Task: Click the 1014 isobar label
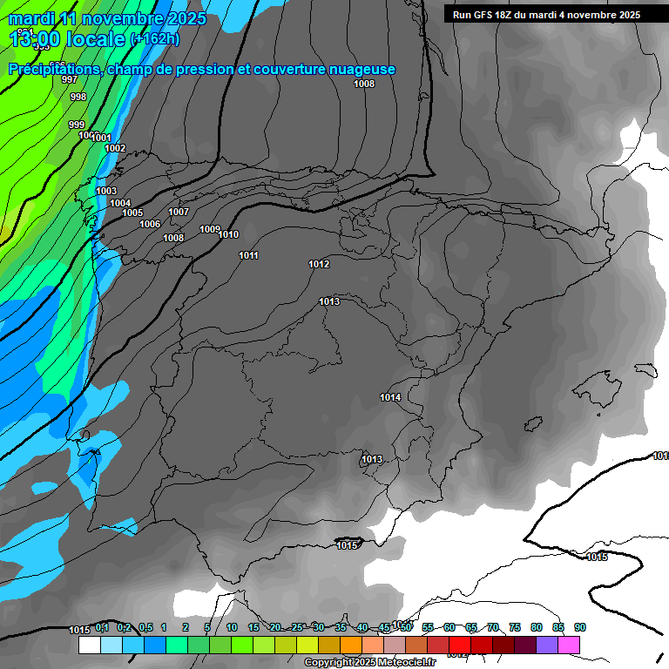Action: tap(390, 397)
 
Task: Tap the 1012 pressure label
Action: tap(319, 264)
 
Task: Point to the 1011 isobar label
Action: tap(249, 255)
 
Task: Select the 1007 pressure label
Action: tap(179, 212)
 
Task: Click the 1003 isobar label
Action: tap(106, 191)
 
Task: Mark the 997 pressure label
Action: tap(70, 79)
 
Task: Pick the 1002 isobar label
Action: tap(115, 148)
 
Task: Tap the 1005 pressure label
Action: tap(132, 213)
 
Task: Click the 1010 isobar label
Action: tap(228, 234)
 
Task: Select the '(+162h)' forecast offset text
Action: tap(155, 38)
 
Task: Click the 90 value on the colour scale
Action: tap(580, 627)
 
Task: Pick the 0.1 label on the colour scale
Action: tap(102, 627)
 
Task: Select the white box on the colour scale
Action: tap(90, 645)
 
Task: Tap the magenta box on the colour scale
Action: tap(569, 645)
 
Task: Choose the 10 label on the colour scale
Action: tap(232, 627)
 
